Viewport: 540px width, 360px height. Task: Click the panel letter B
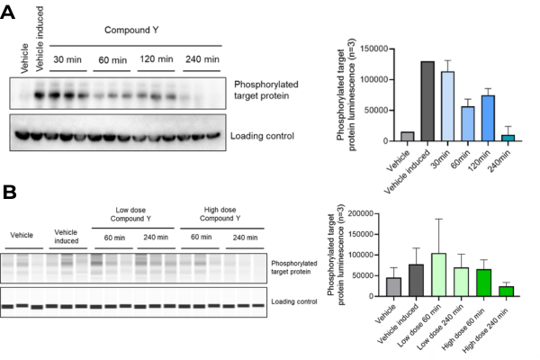pos(11,192)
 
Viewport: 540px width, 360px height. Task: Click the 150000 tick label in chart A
pos(369,49)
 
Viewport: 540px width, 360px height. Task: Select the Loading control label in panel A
pos(264,136)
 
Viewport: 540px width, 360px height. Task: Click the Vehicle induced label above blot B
pos(67,236)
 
